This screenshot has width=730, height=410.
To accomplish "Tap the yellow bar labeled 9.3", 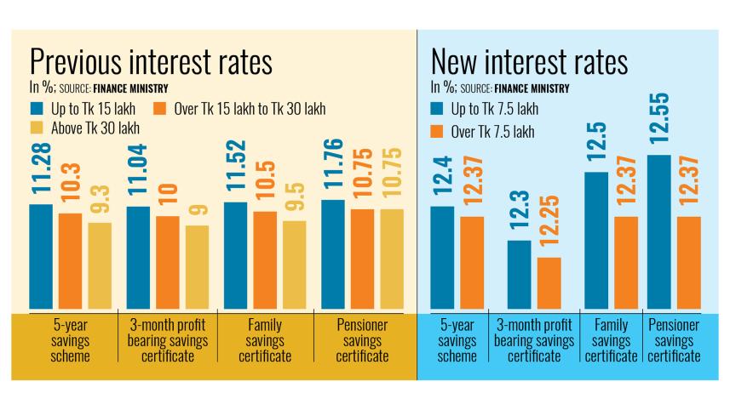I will [x=100, y=265].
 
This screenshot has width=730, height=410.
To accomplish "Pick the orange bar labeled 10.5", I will [x=266, y=259].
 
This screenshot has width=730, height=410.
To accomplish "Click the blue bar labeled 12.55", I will [x=659, y=231].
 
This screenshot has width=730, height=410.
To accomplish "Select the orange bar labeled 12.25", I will [x=549, y=282].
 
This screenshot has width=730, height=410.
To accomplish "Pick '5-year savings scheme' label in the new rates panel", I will [x=457, y=340].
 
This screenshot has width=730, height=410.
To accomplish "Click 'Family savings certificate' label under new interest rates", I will [x=609, y=340].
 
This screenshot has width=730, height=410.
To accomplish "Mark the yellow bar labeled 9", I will [x=197, y=266].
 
